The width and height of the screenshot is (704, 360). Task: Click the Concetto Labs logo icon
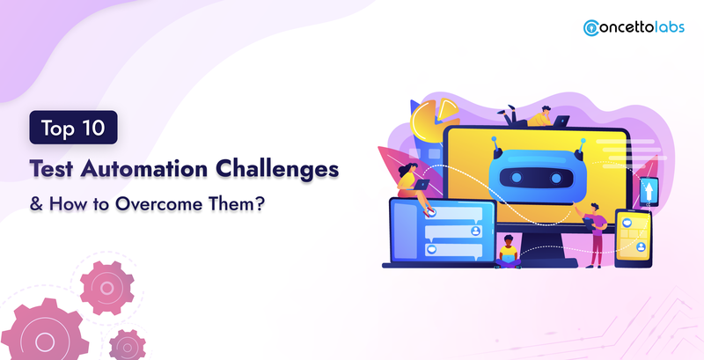[591, 28]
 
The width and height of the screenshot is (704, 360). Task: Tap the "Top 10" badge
[74, 128]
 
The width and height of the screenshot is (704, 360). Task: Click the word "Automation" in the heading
[144, 169]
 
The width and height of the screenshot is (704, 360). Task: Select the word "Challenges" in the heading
[276, 170]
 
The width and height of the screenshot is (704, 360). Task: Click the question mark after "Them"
[260, 203]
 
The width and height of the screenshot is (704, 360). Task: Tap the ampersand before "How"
[36, 204]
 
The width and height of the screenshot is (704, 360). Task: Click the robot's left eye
[517, 178]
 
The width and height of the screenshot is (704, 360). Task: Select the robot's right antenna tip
[583, 141]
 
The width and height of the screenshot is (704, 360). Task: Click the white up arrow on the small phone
[649, 190]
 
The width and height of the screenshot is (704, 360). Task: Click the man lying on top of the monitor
[532, 117]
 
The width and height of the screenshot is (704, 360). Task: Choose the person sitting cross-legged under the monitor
[508, 252]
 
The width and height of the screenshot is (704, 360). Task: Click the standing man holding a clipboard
[595, 234]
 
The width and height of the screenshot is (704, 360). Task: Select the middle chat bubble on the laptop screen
[453, 232]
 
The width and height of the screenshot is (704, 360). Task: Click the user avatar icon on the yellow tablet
[641, 246]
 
